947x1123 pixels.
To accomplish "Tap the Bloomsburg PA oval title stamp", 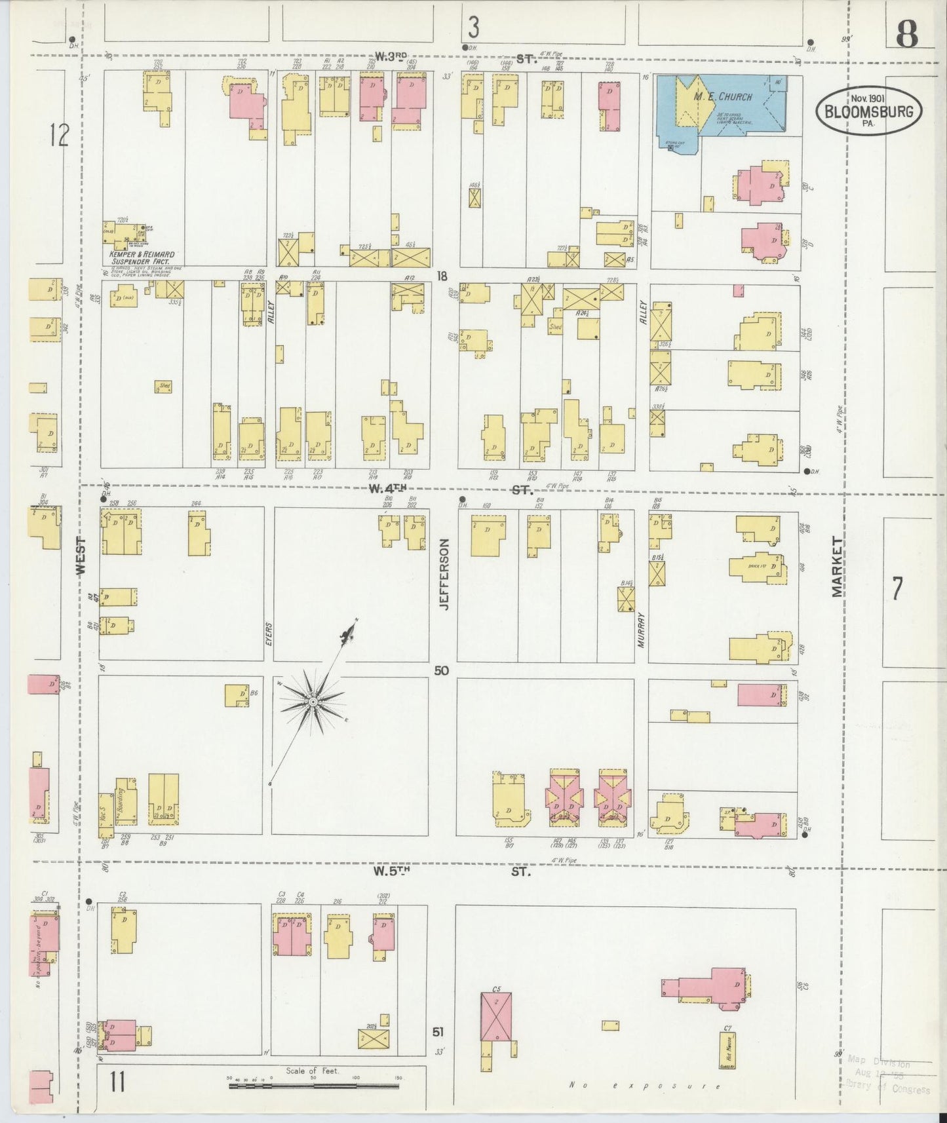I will [869, 111].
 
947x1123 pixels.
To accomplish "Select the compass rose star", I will [313, 702].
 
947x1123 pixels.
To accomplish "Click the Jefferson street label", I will [444, 575].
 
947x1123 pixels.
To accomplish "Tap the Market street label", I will [837, 566].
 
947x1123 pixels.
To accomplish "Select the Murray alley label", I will [642, 630].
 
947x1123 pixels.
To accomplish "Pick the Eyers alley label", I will [269, 634].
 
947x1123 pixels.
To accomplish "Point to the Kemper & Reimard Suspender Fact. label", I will [142, 257].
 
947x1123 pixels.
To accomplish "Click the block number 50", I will [441, 671].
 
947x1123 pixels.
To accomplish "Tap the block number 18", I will [442, 276].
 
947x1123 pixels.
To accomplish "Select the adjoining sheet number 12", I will [59, 136].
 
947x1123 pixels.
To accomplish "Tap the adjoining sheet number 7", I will [897, 588].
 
